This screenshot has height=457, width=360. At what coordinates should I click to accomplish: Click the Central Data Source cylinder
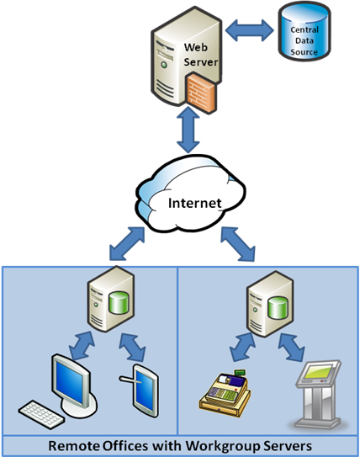(x=304, y=31)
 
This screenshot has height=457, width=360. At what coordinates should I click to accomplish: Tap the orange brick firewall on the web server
(x=202, y=93)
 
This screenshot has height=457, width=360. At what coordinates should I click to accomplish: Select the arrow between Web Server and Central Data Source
(x=250, y=30)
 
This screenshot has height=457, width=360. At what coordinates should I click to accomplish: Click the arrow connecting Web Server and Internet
(x=188, y=130)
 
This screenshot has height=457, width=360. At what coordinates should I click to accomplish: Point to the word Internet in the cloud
(x=195, y=203)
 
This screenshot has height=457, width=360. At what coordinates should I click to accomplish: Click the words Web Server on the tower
(x=200, y=55)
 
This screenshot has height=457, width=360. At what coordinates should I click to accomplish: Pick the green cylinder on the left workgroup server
(x=119, y=303)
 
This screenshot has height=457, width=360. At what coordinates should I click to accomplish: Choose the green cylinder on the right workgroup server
(x=278, y=308)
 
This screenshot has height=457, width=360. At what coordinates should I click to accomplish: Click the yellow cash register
(x=225, y=393)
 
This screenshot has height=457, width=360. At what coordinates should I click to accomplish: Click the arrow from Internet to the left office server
(x=127, y=244)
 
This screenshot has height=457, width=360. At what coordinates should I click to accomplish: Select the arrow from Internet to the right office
(x=238, y=244)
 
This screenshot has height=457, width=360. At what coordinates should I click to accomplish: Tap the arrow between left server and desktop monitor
(x=82, y=346)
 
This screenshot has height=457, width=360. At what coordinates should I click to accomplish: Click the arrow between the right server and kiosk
(x=291, y=348)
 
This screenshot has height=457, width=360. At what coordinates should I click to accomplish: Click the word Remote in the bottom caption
(x=74, y=446)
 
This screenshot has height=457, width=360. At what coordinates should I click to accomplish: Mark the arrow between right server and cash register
(x=242, y=348)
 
